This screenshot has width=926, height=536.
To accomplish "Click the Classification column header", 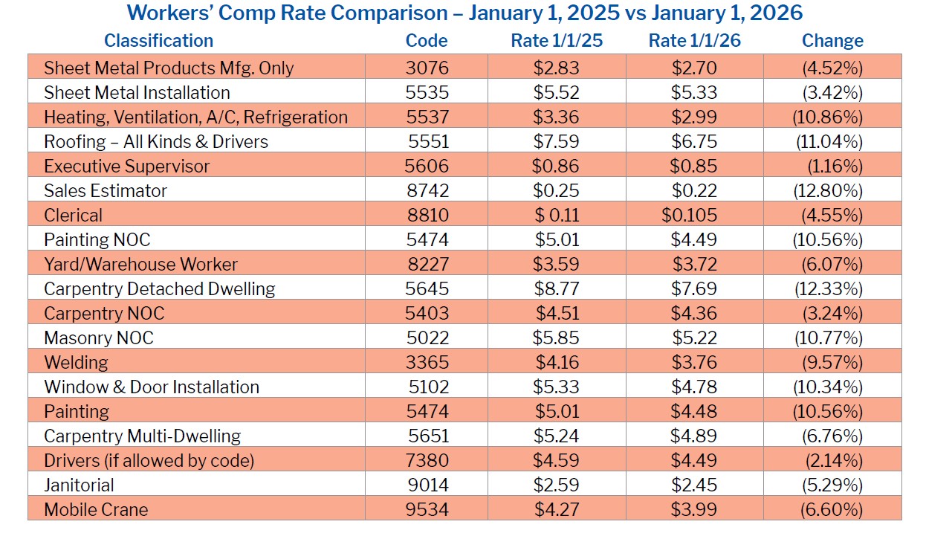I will coord(158,41).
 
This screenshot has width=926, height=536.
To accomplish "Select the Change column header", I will coord(832,41).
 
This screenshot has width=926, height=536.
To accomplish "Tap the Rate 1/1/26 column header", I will coord(694,41).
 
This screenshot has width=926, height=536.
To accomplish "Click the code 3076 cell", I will coord(427,68).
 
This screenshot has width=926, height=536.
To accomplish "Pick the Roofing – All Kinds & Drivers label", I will coord(155,142).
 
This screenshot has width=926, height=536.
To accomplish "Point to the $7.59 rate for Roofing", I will coord(556,142).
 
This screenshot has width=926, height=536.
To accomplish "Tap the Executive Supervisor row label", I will coord(126,167).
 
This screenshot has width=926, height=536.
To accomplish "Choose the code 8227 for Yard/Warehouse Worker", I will coord(427,265).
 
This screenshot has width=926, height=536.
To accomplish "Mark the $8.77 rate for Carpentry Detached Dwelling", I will coord(556,289).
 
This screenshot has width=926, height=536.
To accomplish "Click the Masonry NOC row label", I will coord(98,338).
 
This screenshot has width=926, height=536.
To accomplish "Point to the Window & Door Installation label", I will coord(152,387).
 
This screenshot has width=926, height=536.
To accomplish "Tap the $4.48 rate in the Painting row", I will coord(694,412).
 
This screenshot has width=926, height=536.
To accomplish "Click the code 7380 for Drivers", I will coord(427,461).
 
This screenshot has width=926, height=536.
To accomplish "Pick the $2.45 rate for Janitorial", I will coord(694,485).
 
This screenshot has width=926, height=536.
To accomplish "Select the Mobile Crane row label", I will coord(96,510).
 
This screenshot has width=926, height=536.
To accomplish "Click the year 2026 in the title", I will coord(776,13).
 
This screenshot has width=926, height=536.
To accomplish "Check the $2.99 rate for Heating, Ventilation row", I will coord(694,117).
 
